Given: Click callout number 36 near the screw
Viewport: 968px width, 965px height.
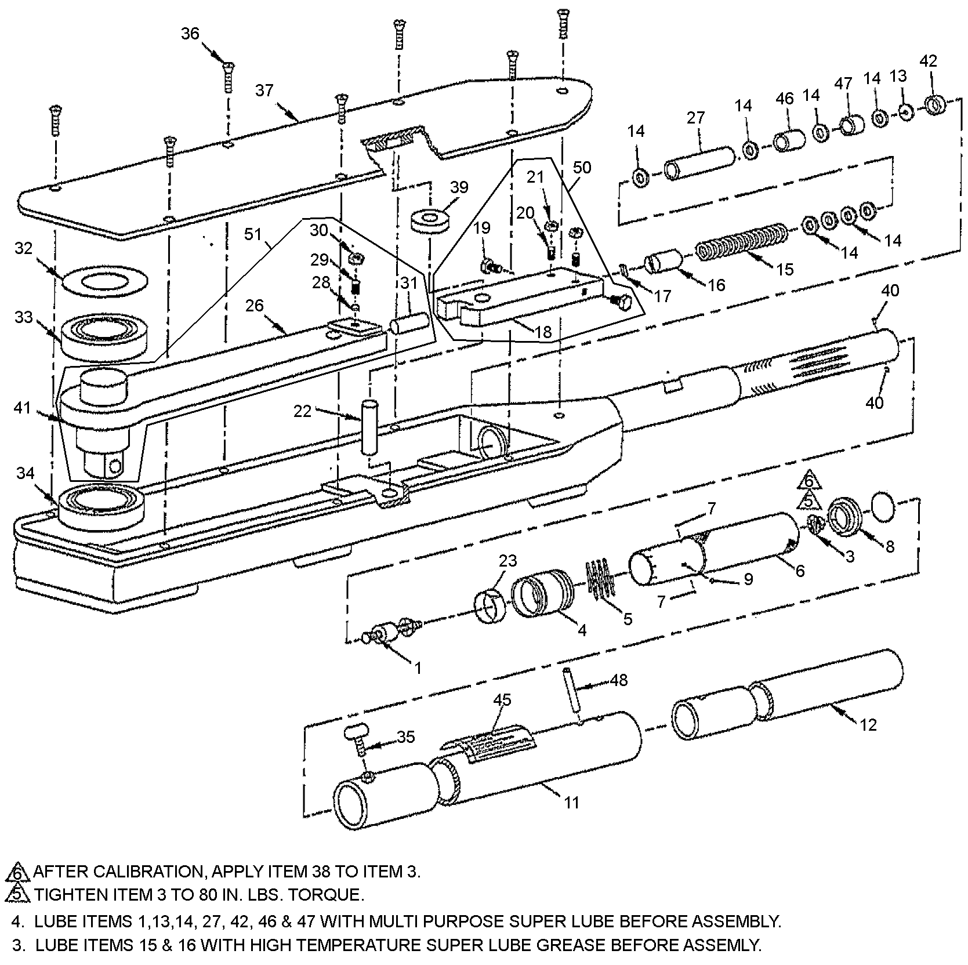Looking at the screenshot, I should (190, 34).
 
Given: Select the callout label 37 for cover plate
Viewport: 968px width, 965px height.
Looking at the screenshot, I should (264, 91).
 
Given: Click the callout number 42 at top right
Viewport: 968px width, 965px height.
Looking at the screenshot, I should (928, 61).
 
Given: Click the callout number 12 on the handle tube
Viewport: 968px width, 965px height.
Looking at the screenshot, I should (868, 724).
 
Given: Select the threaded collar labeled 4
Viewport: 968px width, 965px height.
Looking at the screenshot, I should (542, 592).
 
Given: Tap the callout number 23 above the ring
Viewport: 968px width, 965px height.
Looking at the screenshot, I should (507, 561).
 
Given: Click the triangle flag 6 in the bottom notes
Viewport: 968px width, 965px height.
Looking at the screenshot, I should (17, 871).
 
